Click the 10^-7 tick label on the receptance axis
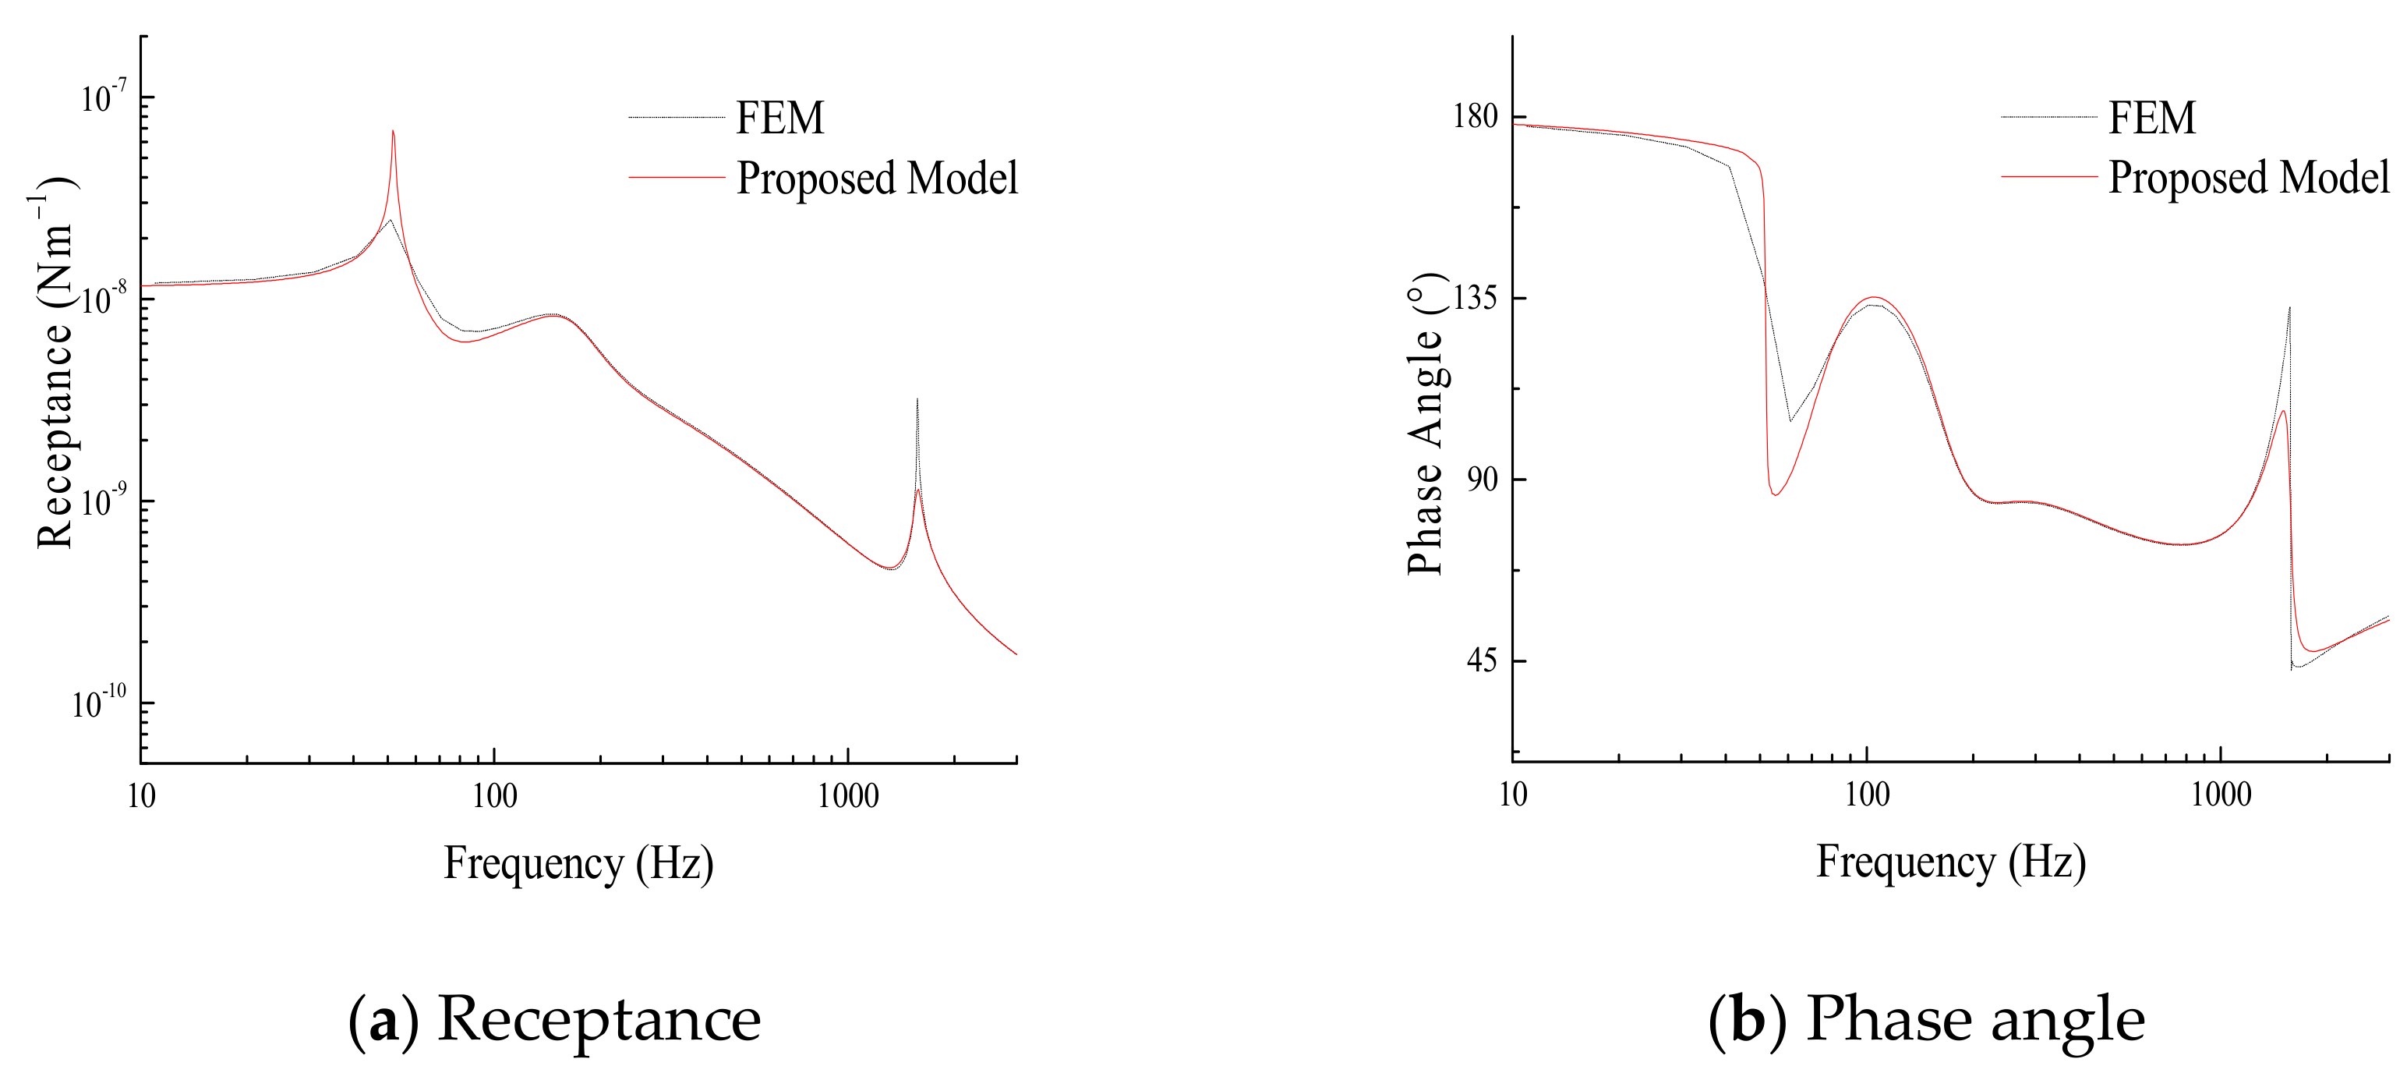(x=103, y=97)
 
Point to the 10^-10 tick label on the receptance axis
(x=98, y=702)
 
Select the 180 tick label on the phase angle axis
(x=1476, y=117)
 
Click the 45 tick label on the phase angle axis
(x=1482, y=660)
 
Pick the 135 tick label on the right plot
(x=1476, y=298)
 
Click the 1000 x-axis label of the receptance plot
(x=847, y=796)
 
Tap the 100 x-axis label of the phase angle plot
(x=1867, y=795)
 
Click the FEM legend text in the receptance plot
(x=780, y=118)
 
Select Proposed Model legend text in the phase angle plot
(x=2248, y=178)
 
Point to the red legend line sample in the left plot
(x=677, y=178)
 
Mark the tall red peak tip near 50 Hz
(x=394, y=132)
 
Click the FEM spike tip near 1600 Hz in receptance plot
(x=917, y=400)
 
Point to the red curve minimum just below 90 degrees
(x=1774, y=494)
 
